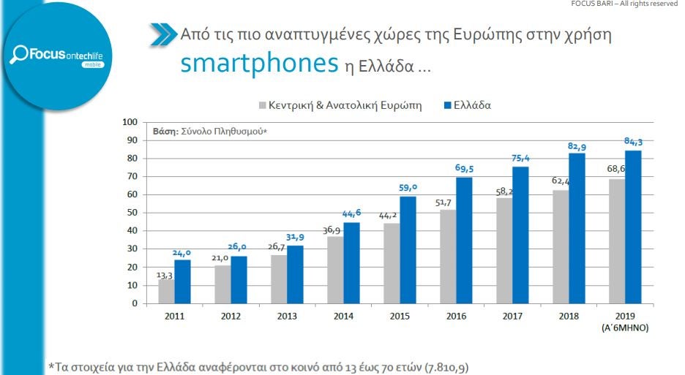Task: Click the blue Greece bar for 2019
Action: pos(633,227)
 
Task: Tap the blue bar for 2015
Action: pos(408,249)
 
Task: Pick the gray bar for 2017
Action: pos(504,250)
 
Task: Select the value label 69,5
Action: pos(464,169)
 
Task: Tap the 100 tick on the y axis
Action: pos(130,122)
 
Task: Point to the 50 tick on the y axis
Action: pos(132,213)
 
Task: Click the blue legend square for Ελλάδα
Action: pos(449,105)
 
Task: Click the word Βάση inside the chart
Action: pos(165,132)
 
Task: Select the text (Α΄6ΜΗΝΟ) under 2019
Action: pos(624,327)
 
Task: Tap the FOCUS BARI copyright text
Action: pos(627,4)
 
